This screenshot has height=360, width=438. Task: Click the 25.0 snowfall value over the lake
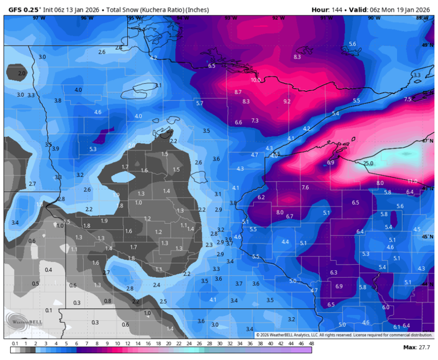click(x=368, y=164)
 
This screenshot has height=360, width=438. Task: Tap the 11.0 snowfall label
click(x=412, y=181)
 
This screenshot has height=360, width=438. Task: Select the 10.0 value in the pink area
click(x=255, y=80)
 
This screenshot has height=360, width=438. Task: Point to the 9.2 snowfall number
click(x=287, y=101)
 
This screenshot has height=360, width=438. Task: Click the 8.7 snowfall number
click(x=238, y=91)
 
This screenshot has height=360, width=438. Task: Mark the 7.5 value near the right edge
click(x=407, y=99)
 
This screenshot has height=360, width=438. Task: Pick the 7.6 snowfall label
click(x=305, y=187)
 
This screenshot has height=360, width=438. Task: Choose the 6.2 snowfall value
click(x=261, y=197)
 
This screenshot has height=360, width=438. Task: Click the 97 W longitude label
click(x=39, y=18)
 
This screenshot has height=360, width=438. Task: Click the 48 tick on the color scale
click(x=311, y=344)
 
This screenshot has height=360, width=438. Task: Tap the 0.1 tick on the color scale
click(x=15, y=344)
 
